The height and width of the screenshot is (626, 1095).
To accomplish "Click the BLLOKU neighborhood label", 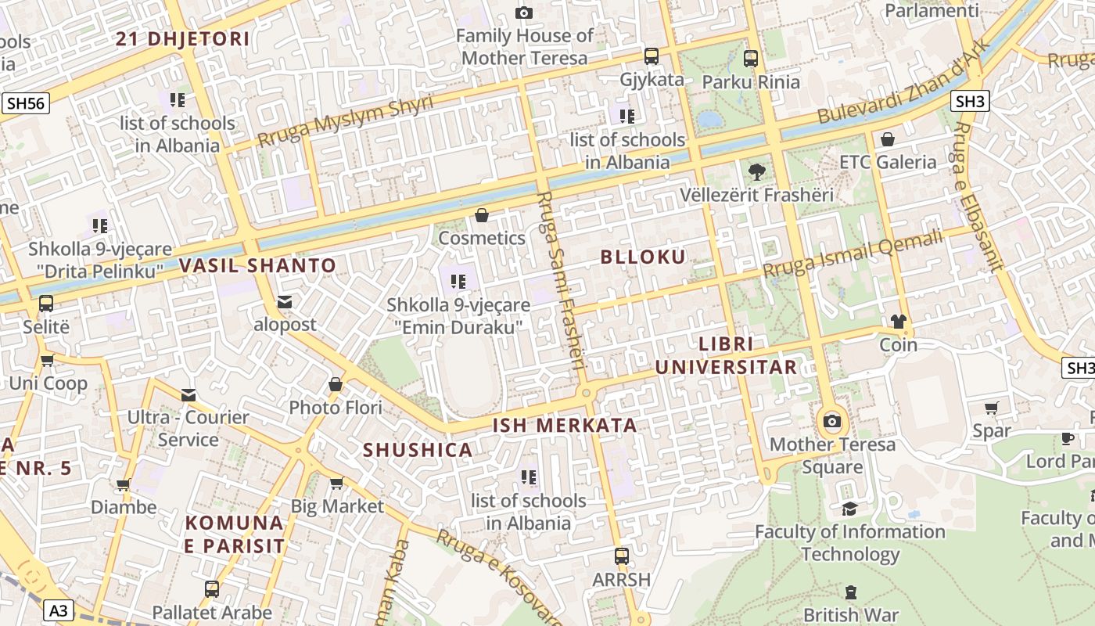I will [x=643, y=257].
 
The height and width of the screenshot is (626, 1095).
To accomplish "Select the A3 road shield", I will [x=59, y=610].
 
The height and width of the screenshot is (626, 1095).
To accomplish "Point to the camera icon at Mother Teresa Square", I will [x=832, y=422].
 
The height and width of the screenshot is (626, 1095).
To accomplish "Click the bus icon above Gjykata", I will [x=651, y=56].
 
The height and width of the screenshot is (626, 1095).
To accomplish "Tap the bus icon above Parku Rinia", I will [x=751, y=58].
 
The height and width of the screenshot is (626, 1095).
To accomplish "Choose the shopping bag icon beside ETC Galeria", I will [x=888, y=139].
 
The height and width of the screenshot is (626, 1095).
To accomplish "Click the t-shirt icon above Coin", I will [x=898, y=322].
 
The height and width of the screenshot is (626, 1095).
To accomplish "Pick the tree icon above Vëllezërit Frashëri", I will [x=756, y=171].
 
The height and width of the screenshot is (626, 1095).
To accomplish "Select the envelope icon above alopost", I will [x=285, y=302].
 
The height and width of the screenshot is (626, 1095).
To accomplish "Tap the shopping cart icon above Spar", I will [x=992, y=408].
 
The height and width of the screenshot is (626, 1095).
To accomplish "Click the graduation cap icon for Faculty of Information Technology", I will [x=849, y=509].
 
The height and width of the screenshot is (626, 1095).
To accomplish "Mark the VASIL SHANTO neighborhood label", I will [x=257, y=265].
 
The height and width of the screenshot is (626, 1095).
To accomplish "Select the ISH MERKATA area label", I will [x=565, y=426].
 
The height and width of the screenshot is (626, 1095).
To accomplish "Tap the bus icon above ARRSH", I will [x=621, y=556].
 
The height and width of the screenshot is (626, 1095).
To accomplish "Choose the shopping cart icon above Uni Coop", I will [x=48, y=361].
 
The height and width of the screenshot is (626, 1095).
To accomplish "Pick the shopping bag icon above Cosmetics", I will [x=482, y=215].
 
